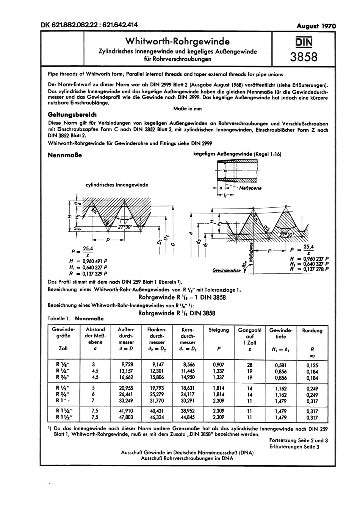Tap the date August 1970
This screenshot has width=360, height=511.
(316, 26)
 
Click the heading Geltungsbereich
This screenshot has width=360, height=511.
(72, 114)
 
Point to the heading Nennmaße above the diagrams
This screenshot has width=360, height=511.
(64, 156)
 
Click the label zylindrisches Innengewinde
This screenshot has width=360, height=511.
(117, 185)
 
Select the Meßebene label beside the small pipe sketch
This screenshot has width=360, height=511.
(250, 188)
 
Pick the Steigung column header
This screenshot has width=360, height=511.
(219, 330)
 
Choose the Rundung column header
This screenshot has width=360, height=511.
(312, 331)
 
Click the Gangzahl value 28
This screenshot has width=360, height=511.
(249, 365)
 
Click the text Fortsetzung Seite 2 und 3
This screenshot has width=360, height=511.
(299, 440)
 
